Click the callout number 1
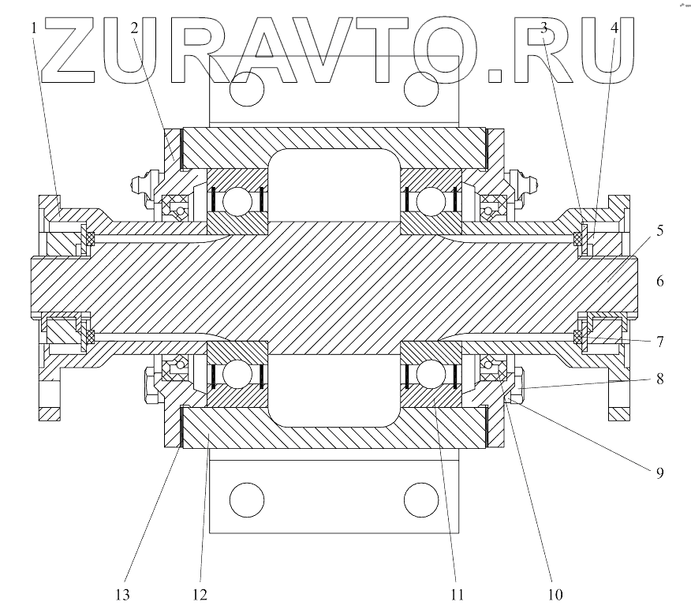tap(34, 28)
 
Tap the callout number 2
tap(135, 28)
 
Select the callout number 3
tap(544, 28)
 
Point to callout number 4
tap(614, 28)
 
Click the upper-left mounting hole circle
tap(246, 90)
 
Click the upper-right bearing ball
tap(430, 202)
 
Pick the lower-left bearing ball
tap(236, 373)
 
